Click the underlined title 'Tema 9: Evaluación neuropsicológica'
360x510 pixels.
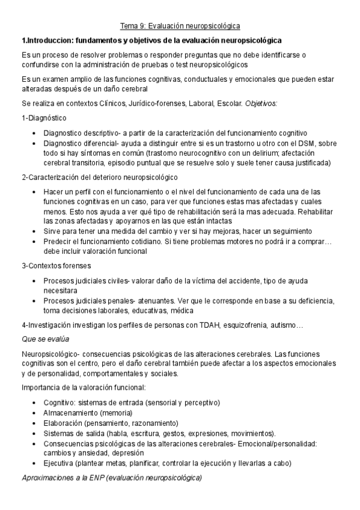tap(180, 26)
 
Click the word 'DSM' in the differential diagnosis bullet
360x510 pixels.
tap(309, 143)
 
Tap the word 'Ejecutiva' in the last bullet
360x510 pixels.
tap(59, 463)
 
